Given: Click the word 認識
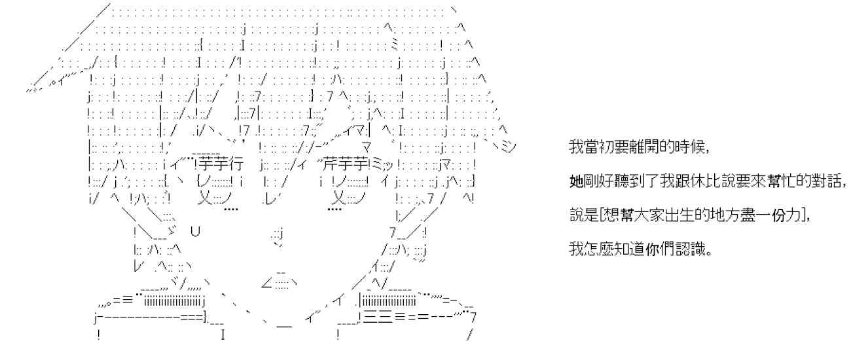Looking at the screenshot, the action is (x=689, y=249).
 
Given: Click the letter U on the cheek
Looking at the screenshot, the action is (x=195, y=231).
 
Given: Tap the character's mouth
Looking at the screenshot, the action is (x=280, y=283).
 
